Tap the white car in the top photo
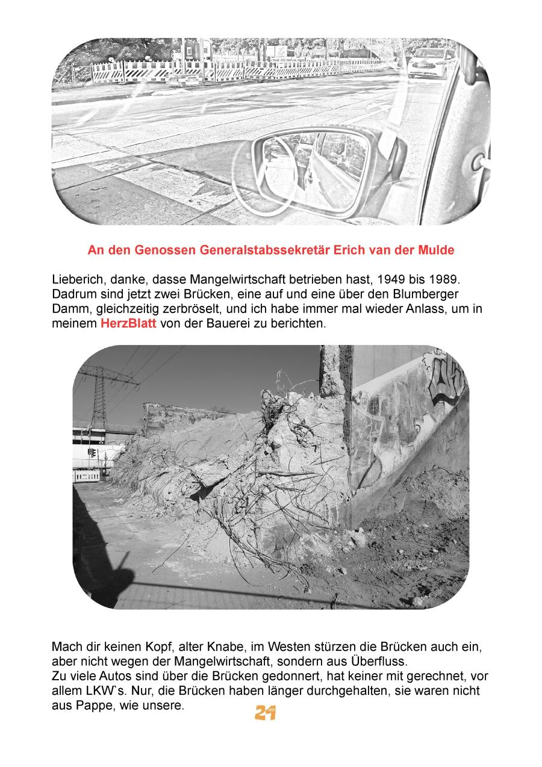pos(431,63)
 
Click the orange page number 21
pos(265,713)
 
